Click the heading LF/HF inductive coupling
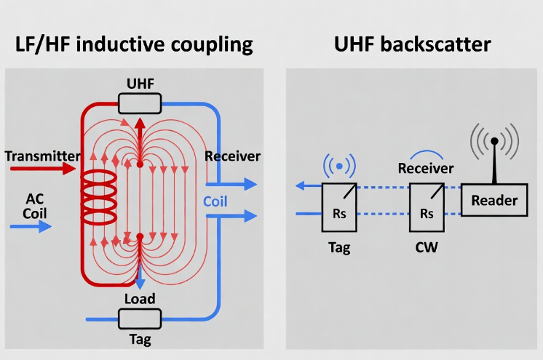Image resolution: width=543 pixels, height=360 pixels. [x=134, y=44]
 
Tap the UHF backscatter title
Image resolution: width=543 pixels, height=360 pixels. [x=412, y=44]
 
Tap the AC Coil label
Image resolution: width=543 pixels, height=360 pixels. [x=34, y=206]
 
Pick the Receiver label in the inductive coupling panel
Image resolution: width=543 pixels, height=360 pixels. [x=232, y=156]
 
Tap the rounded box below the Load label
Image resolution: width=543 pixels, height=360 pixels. [x=139, y=319]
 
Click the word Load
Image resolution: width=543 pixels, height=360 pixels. [x=139, y=299]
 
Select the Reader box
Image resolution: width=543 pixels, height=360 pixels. [x=494, y=200]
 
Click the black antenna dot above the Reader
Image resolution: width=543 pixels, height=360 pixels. [x=494, y=140]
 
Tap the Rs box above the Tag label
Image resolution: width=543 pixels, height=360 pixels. [x=339, y=207]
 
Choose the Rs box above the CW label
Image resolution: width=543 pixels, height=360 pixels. [x=427, y=207]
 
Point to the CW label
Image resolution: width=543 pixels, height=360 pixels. [x=426, y=247]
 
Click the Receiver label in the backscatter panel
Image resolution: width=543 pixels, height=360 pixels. [x=426, y=169]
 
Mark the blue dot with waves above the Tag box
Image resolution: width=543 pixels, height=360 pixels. [x=339, y=167]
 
